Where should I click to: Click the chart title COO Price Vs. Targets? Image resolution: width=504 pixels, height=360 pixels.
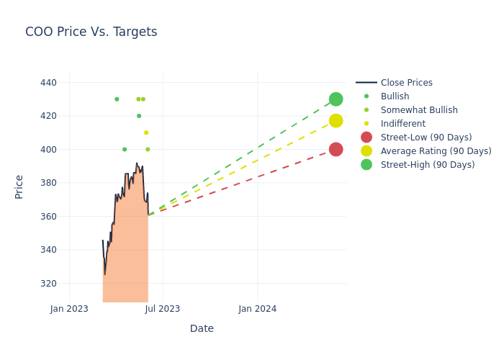click(91, 32)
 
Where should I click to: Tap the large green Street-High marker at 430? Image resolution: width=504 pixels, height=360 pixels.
click(336, 99)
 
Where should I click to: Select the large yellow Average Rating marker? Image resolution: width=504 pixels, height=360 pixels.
click(336, 121)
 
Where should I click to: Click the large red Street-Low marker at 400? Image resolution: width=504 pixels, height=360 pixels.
click(336, 150)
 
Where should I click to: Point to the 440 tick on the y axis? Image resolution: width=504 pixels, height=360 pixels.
click(48, 83)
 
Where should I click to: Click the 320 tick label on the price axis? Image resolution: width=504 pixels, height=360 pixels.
click(48, 284)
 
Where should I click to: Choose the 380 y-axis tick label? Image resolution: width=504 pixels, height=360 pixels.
click(48, 183)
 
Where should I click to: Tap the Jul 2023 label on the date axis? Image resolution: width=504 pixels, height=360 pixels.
click(163, 309)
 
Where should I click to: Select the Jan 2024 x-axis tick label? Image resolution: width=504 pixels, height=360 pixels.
click(257, 309)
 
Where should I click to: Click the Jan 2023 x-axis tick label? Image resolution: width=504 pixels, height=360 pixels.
click(69, 309)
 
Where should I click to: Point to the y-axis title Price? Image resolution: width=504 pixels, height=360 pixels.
click(19, 186)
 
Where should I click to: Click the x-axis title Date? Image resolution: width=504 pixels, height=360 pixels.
click(202, 328)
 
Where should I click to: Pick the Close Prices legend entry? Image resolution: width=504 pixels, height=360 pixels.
click(406, 83)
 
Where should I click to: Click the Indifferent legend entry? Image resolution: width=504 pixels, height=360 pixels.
click(402, 124)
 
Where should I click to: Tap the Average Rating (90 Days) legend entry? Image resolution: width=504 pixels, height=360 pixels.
click(436, 151)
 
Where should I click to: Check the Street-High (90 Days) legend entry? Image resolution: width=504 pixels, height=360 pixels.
click(428, 165)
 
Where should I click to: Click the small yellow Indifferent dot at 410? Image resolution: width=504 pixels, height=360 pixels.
click(146, 132)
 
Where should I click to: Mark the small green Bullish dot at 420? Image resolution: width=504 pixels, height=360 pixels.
click(139, 116)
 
